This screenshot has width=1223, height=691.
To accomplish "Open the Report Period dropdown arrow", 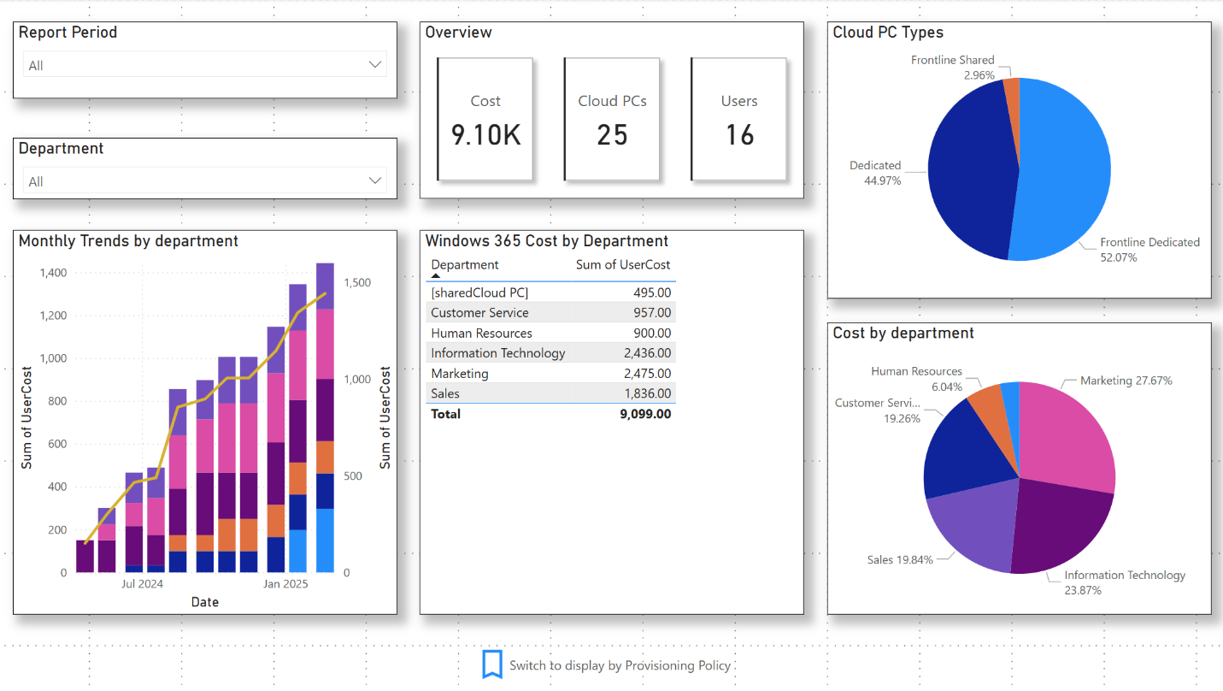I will [374, 65].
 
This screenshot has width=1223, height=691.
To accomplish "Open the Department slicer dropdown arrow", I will [374, 180].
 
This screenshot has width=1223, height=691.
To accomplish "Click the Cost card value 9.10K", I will [485, 135].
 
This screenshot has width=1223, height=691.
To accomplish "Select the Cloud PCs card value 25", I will [612, 135].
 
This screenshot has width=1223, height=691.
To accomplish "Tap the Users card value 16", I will [739, 135].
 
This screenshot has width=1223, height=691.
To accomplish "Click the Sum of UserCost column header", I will [622, 265].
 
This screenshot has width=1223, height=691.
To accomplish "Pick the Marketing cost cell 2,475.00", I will [647, 374].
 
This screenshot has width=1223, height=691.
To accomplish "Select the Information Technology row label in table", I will [497, 353].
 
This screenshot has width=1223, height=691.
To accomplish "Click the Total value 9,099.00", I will [645, 414].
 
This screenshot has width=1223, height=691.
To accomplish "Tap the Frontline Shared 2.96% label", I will [952, 68].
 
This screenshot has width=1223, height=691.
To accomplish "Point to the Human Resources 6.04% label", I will [916, 379].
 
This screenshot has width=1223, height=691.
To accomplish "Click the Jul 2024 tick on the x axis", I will [142, 584].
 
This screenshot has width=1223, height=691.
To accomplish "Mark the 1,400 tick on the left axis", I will [53, 273].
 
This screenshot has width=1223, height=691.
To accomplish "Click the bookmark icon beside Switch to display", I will [491, 664].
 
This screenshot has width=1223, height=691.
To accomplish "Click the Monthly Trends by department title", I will [128, 241].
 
